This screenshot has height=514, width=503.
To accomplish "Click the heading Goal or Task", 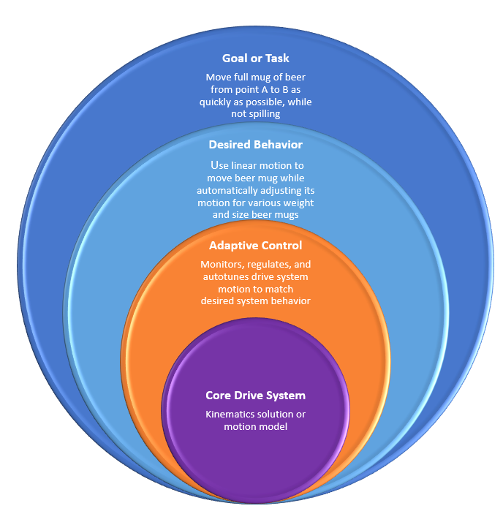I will (255, 58).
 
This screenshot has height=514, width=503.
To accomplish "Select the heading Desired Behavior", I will (255, 145).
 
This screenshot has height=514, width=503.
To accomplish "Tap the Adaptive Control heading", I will (255, 246).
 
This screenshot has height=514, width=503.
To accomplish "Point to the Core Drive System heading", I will (255, 396).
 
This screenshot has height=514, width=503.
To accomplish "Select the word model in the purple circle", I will (272, 426).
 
